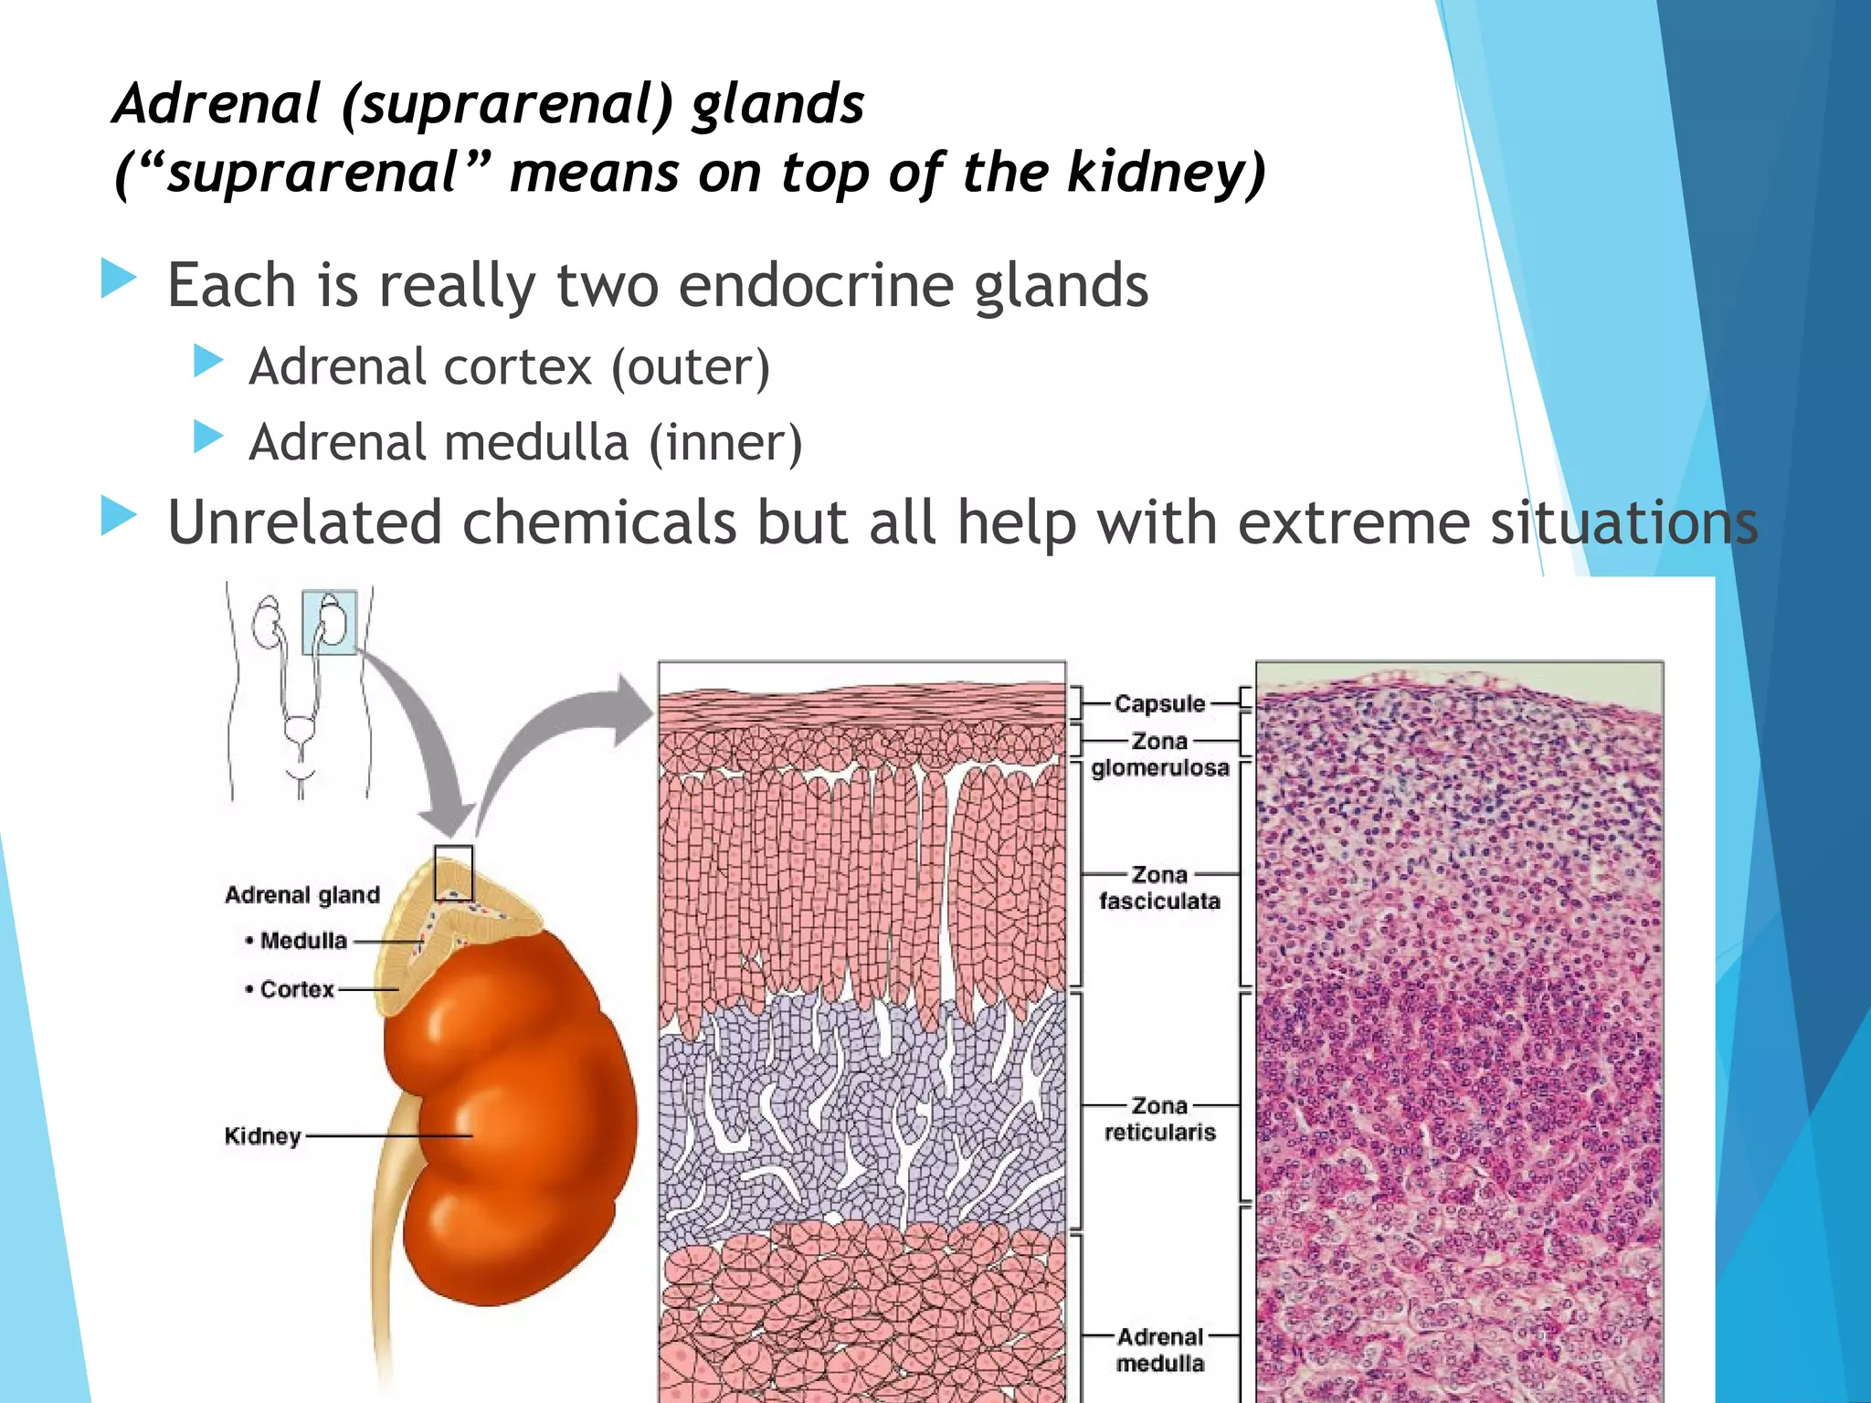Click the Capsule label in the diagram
1159,703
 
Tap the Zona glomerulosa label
1159,754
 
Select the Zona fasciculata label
1159,888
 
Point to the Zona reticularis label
1159,1119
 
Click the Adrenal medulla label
1159,1350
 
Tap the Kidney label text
262,1136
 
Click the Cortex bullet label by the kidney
296,989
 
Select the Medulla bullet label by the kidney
302,941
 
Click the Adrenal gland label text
302,894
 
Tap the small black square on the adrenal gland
453,872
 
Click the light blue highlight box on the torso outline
329,622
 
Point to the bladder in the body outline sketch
299,731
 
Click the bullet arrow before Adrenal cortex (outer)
209,362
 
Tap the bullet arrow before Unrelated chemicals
119,517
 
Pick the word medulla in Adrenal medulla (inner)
536,443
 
